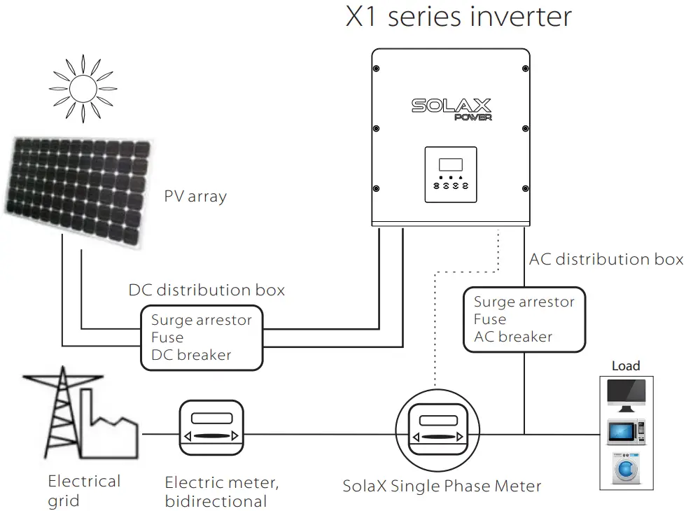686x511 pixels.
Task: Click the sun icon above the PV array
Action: pyautogui.click(x=83, y=88)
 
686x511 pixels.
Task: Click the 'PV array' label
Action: pyautogui.click(x=195, y=196)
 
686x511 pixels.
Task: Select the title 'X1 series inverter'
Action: pyautogui.click(x=458, y=17)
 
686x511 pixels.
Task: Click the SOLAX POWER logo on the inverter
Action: pyautogui.click(x=451, y=108)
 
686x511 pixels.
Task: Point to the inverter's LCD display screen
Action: pyautogui.click(x=451, y=166)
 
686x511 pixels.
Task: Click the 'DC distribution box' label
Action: pyautogui.click(x=206, y=290)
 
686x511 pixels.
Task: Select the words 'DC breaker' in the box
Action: pyautogui.click(x=190, y=355)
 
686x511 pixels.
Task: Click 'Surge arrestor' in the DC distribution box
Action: pyautogui.click(x=202, y=320)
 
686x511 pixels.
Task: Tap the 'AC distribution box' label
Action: pyautogui.click(x=605, y=259)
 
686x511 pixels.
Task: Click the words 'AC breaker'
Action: pyautogui.click(x=513, y=337)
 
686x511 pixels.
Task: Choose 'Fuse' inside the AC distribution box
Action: pyautogui.click(x=489, y=319)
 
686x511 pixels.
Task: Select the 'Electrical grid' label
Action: pyautogui.click(x=84, y=491)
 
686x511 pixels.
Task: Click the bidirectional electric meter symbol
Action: pyautogui.click(x=211, y=428)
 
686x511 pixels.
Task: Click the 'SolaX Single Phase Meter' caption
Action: pyautogui.click(x=442, y=486)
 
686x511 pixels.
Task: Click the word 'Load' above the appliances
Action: pyautogui.click(x=625, y=366)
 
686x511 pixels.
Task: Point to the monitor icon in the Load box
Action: pyautogui.click(x=626, y=395)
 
